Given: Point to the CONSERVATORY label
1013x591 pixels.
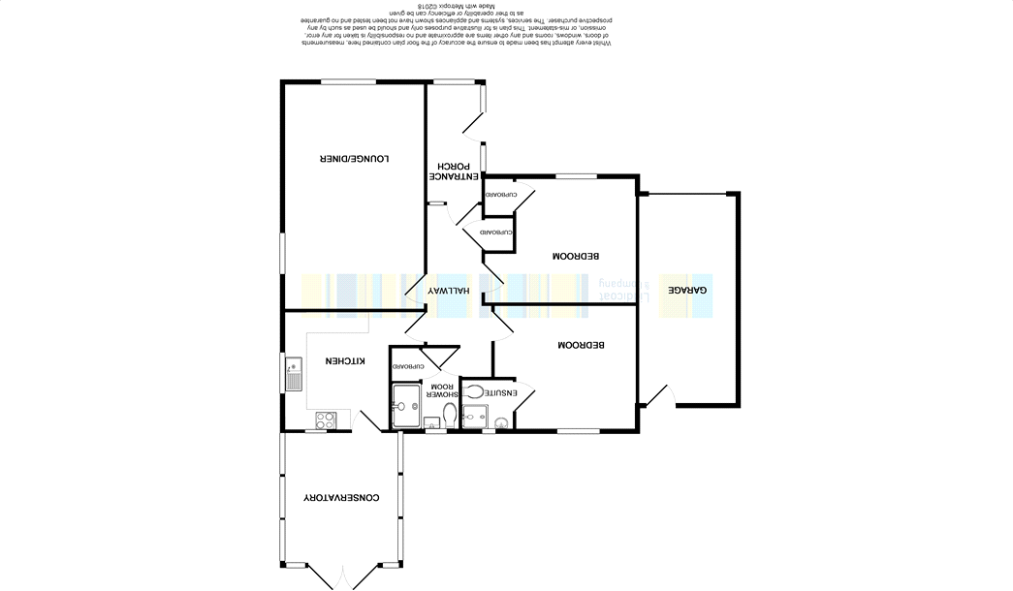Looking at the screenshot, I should [341, 498].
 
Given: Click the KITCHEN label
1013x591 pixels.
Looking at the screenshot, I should [344, 360].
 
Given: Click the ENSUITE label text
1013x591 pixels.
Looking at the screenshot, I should [500, 392].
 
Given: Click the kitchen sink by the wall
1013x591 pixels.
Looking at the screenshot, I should [293, 374].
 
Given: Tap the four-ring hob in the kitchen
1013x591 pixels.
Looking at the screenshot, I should [325, 420].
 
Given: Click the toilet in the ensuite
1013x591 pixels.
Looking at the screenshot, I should [474, 392].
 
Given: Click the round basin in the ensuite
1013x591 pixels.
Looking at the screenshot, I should [500, 422].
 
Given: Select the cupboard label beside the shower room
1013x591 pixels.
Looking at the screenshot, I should [406, 366].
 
